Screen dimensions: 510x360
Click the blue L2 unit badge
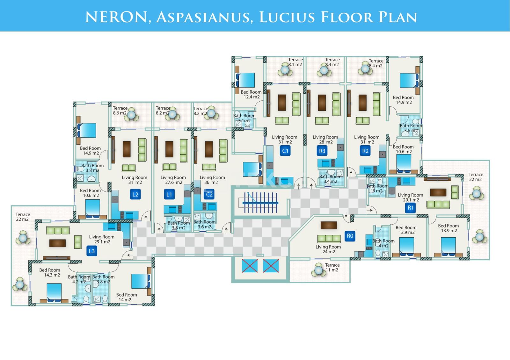135,194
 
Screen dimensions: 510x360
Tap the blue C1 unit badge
285,151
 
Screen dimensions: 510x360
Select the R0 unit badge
350,236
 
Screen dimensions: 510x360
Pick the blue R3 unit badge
322,151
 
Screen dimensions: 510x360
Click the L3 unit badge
92,251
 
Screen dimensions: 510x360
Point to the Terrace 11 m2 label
332,267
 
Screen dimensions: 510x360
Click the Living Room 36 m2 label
212,180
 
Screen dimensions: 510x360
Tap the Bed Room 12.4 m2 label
251,94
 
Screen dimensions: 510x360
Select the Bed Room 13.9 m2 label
448,228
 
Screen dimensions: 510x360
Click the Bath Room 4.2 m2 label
79,279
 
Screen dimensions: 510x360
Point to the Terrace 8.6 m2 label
120,111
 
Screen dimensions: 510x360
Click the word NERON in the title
116,17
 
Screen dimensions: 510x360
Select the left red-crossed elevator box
250,266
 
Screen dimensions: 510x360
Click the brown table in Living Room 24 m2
329,225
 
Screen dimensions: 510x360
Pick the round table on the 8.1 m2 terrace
285,69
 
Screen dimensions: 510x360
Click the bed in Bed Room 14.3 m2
54,293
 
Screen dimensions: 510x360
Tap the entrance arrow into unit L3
130,255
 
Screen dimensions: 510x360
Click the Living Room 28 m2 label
325,140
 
